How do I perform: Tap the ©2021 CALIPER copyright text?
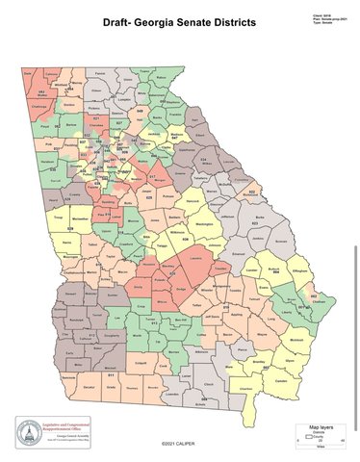point(180,445)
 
